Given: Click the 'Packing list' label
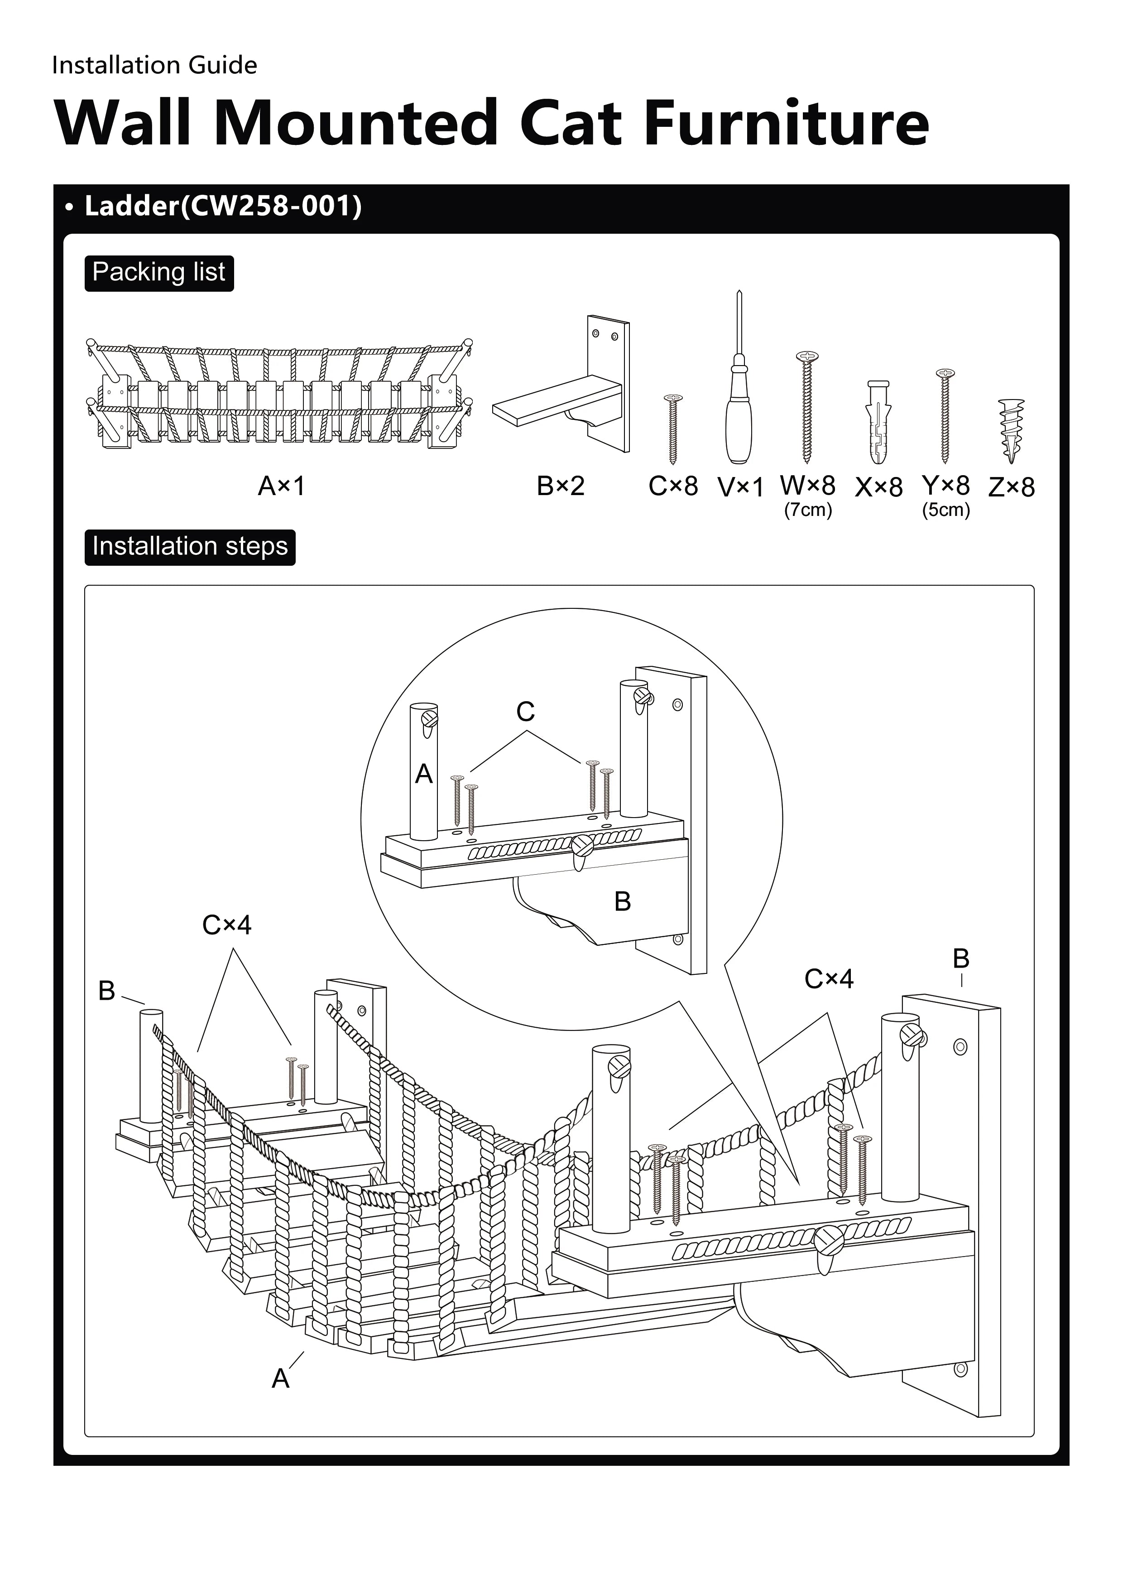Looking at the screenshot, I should point(158,273).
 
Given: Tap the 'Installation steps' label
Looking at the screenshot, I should point(190,547).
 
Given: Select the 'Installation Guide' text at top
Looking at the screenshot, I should point(154,65).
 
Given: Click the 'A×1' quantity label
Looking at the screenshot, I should point(281,486).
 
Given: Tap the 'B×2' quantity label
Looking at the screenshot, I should point(561,486).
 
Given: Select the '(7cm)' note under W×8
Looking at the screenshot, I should point(807,511).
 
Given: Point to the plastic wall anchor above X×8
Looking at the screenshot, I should point(877,422).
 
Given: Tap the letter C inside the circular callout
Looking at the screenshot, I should point(525,712).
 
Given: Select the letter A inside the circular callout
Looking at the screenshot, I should point(423,774).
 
